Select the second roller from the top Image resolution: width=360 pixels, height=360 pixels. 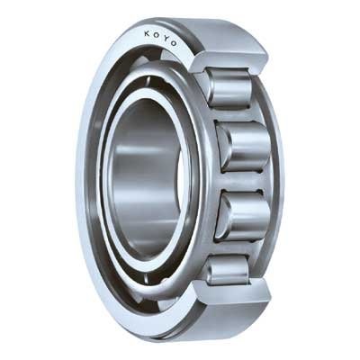pyautogui.click(x=243, y=146)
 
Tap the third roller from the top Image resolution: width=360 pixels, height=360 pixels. pyautogui.click(x=243, y=216)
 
